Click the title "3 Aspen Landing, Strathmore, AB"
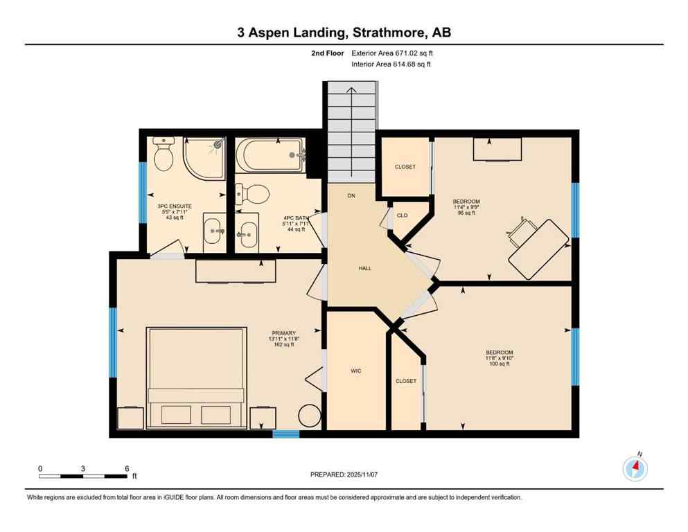tap(344, 33)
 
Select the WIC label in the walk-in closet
tap(356, 371)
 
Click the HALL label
tap(365, 268)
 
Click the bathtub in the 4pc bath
tap(271, 156)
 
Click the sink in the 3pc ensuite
tap(213, 230)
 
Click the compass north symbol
tap(635, 469)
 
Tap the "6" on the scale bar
tap(126, 468)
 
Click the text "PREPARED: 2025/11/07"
tap(344, 475)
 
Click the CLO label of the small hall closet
tap(402, 215)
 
